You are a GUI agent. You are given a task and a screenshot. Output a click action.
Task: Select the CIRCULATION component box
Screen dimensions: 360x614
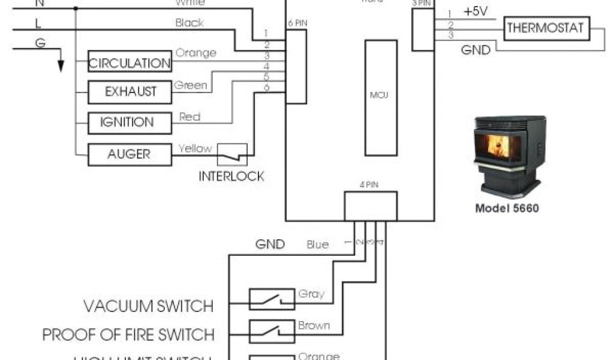tap(130, 63)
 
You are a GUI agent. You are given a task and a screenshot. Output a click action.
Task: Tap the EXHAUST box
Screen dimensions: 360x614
tap(130, 92)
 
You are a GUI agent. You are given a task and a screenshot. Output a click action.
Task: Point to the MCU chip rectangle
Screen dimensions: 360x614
tap(380, 95)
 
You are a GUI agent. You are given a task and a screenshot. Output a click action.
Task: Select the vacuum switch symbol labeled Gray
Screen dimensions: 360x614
tap(272, 299)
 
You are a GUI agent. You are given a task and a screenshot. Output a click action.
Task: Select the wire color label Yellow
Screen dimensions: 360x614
tap(195, 148)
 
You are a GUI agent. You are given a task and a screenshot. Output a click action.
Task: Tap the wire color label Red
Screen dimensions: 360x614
tap(189, 116)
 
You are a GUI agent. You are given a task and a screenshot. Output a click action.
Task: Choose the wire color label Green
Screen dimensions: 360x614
tap(190, 85)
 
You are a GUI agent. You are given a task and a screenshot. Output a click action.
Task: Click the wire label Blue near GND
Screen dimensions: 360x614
tap(317, 244)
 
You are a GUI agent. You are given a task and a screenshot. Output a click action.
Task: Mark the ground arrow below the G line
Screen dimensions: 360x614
tap(60, 63)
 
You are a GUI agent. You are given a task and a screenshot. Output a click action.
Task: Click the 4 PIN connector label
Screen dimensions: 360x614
tap(370, 185)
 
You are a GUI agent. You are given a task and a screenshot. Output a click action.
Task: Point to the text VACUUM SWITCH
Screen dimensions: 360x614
tap(148, 306)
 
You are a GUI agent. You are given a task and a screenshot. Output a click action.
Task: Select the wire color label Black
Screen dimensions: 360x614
tap(189, 23)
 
